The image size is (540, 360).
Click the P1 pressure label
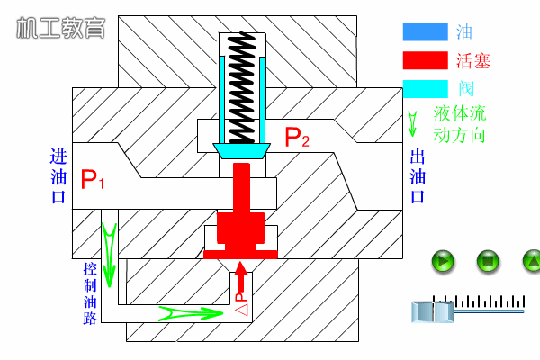click(x=93, y=179)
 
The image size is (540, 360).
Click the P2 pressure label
click(x=297, y=137)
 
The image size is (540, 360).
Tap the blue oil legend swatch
click(x=426, y=32)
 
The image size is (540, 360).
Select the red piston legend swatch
click(x=426, y=60)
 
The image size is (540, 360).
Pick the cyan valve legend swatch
click(x=426, y=89)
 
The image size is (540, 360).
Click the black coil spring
click(x=242, y=88)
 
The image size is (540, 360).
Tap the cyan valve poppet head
click(x=242, y=151)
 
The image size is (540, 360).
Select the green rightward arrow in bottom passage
click(x=191, y=313)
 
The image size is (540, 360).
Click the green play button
click(x=443, y=261)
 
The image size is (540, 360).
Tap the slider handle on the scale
click(x=433, y=311)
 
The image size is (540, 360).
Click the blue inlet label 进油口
click(x=58, y=176)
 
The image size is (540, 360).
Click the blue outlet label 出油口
click(x=418, y=176)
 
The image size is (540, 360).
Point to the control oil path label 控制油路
click(x=90, y=293)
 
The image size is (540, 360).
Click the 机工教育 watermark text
click(x=61, y=28)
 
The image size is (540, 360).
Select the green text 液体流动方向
click(x=459, y=124)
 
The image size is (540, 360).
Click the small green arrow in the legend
click(x=412, y=123)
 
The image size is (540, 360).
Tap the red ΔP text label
click(x=241, y=304)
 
